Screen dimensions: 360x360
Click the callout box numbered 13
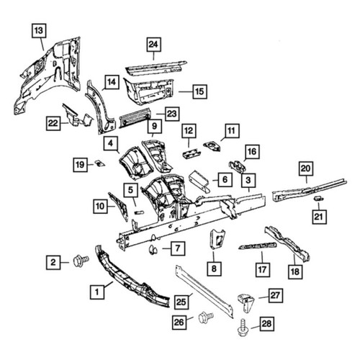(x=39, y=30)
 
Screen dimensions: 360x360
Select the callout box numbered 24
(x=153, y=45)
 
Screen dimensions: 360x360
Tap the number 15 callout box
(x=199, y=91)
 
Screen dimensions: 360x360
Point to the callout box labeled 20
(x=306, y=168)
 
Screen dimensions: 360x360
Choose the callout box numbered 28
(x=267, y=324)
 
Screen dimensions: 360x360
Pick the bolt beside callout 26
(x=206, y=318)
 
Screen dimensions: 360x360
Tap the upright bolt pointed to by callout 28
(x=243, y=328)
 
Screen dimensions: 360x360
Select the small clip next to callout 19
(x=99, y=163)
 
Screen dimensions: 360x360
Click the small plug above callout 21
(x=318, y=198)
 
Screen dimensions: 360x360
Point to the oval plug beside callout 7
(x=153, y=250)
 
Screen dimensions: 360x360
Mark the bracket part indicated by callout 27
(x=246, y=302)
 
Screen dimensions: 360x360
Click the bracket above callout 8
(x=217, y=240)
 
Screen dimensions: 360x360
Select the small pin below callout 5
(x=139, y=212)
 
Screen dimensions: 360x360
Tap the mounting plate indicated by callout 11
(x=212, y=146)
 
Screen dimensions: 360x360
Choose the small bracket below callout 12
(x=192, y=153)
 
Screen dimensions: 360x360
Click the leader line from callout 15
(x=186, y=91)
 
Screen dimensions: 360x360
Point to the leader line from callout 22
(x=64, y=123)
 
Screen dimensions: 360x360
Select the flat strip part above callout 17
(x=257, y=246)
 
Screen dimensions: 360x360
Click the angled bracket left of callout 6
(x=199, y=181)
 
